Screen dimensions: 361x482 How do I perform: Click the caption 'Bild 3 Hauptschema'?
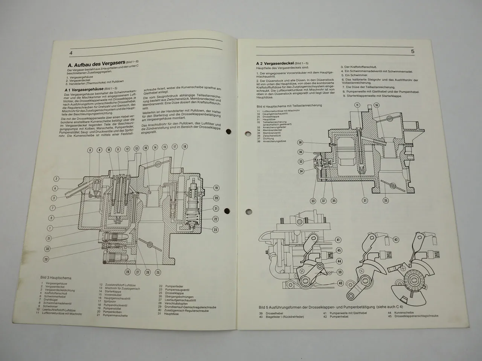[56, 278]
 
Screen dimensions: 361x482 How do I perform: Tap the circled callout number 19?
[216, 188]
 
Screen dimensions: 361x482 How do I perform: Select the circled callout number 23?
[215, 229]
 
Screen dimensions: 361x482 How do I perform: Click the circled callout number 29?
[46, 259]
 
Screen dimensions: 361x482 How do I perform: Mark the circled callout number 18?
[185, 147]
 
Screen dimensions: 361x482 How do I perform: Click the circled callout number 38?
[300, 143]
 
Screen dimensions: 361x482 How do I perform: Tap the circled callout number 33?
[313, 201]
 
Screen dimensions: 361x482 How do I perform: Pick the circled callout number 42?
[396, 239]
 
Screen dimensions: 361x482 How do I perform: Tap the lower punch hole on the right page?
[249, 211]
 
